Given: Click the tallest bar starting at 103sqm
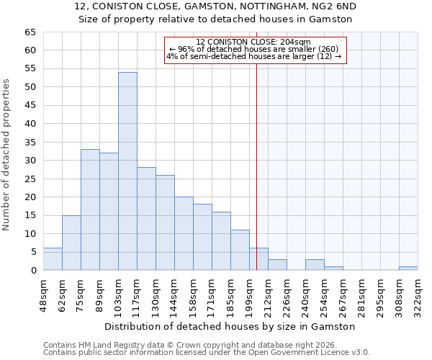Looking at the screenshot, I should click(127, 171).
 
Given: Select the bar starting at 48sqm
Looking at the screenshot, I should click(53, 259).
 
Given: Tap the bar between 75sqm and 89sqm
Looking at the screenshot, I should click(90, 210).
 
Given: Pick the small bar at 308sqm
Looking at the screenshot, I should click(408, 269).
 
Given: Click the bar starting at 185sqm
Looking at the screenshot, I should click(240, 250).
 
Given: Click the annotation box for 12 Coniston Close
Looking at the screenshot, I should click(256, 50).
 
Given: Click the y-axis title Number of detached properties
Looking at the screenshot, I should click(7, 155).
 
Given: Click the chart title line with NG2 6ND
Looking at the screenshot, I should click(215, 6).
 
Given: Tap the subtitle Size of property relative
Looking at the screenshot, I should click(215, 19).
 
